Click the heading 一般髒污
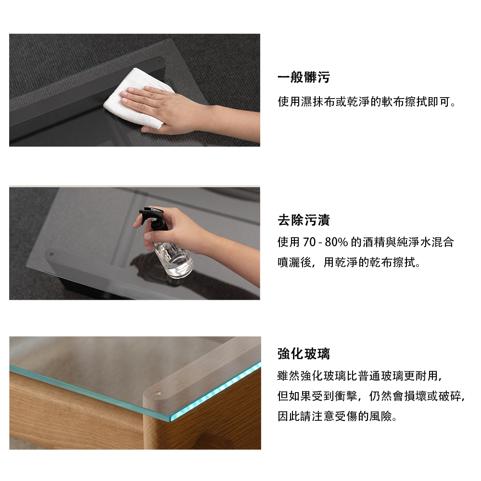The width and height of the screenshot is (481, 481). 304,77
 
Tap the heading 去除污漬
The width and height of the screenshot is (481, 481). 304,220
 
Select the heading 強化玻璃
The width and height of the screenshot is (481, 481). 304,354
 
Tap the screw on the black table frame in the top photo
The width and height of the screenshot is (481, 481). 159,62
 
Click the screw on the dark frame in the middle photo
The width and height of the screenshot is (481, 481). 51,254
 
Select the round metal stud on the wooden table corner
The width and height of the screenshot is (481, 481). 158,393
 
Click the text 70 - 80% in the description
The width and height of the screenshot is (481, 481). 325,242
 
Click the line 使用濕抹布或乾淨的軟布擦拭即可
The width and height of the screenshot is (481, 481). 367,102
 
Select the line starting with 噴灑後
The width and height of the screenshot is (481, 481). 349,262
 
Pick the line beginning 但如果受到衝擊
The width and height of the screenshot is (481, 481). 372,396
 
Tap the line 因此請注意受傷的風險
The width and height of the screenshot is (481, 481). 338,416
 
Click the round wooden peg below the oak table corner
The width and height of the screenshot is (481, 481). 215,442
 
